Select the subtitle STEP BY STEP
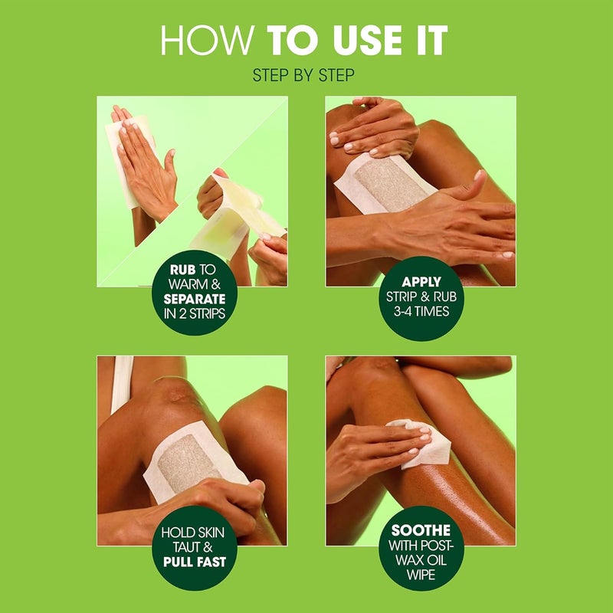pos(306,75)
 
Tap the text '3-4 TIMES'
pos(421,312)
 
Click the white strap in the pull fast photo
pos(121,383)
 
